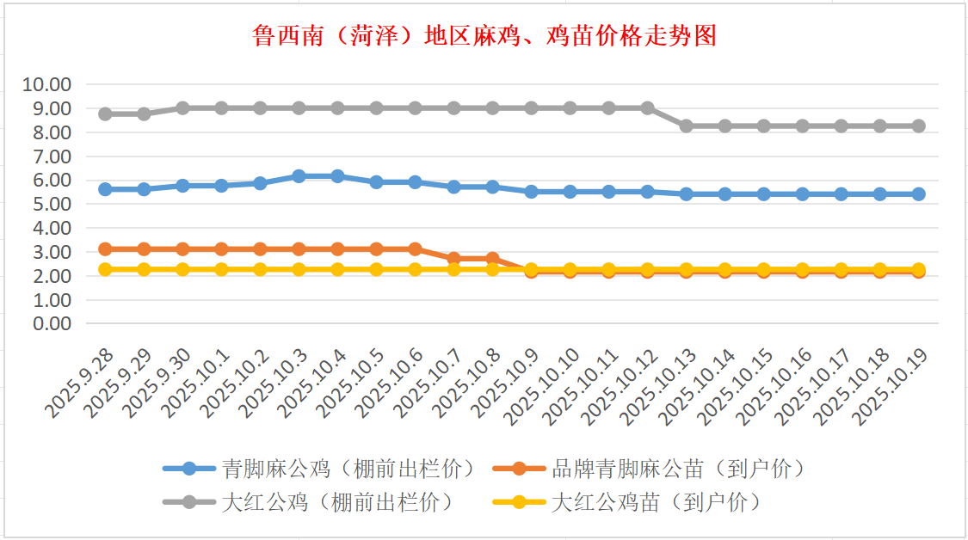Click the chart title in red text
(x=484, y=36)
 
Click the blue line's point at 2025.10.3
(x=299, y=175)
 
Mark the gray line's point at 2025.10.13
(x=686, y=126)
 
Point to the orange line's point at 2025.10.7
(x=453, y=258)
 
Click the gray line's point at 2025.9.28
(x=105, y=114)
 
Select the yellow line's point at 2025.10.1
(x=221, y=269)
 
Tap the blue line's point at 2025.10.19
(x=918, y=194)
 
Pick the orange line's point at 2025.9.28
(x=105, y=249)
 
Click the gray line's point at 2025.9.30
(x=182, y=107)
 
